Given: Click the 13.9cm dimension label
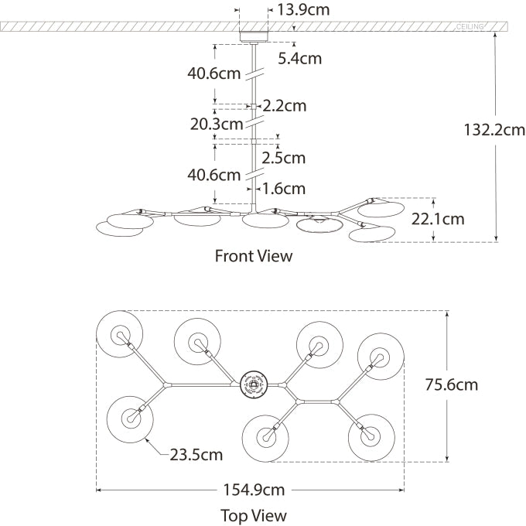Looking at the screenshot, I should (x=299, y=10).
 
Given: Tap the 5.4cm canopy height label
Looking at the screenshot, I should (x=299, y=58).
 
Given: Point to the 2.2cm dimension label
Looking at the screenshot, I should (x=285, y=105).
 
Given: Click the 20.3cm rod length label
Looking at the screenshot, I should (x=216, y=124).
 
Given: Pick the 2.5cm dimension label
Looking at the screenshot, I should (x=283, y=158).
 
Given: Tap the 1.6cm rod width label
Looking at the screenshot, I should (x=283, y=188).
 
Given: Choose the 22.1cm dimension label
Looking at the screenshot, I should (x=438, y=219).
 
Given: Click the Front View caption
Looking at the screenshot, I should (x=254, y=256).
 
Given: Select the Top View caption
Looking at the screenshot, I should (x=254, y=515).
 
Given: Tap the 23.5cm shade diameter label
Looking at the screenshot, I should (x=196, y=455).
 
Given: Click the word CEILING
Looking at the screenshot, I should (x=470, y=27).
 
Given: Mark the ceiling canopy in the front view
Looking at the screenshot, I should (x=253, y=35).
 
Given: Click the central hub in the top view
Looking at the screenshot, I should (x=253, y=383).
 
